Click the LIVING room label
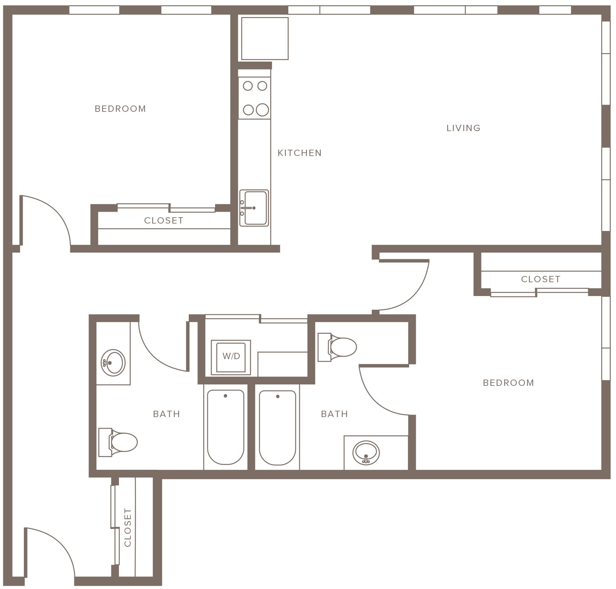pos(463,128)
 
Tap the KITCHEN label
pos(299,153)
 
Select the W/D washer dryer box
pos(231,356)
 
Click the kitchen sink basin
pos(255,208)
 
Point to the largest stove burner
pos(262,110)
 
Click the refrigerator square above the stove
pos(265,38)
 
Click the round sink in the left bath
pos(113,362)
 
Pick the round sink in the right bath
pos(366,452)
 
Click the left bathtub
pos(226,427)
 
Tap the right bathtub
pos(278,427)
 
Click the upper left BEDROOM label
pos(120,109)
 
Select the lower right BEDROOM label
pos(508,383)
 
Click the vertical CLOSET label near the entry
pos(128,528)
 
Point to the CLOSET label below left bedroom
pos(163,221)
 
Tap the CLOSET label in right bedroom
pos(541,279)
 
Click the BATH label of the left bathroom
pos(166,414)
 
